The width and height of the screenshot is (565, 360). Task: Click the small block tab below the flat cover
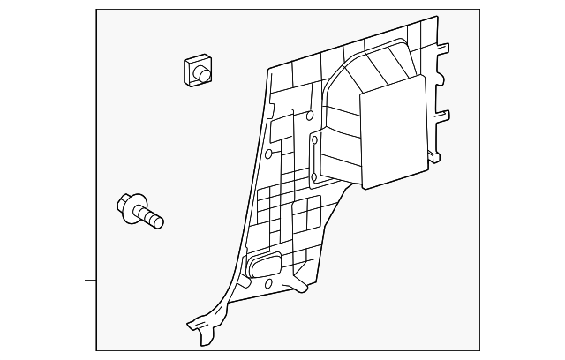click(x=432, y=157)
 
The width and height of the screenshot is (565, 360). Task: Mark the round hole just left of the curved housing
click(x=310, y=115)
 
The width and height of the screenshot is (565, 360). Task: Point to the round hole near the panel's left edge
click(x=267, y=154)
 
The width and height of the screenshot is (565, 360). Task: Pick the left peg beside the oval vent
click(x=237, y=264)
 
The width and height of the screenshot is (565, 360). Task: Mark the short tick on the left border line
click(x=89, y=281)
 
